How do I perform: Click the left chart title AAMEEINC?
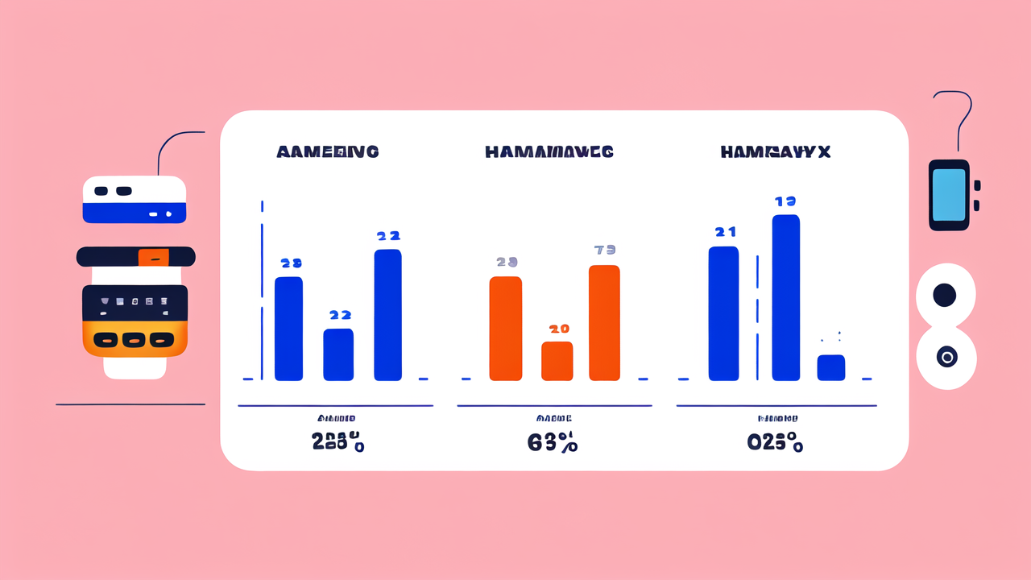click(x=327, y=151)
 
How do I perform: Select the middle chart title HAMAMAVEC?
click(x=549, y=151)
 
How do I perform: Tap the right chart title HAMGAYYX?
click(x=776, y=151)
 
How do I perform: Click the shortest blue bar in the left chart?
click(x=338, y=354)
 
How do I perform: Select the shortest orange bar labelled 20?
click(x=557, y=361)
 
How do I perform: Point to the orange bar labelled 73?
click(x=604, y=322)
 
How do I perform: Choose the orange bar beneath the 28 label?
click(x=506, y=328)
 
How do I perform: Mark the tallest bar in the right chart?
click(x=785, y=297)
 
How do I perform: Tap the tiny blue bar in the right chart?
click(x=830, y=367)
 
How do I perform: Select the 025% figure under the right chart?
click(x=774, y=442)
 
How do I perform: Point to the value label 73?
click(x=604, y=250)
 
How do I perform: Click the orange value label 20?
click(x=558, y=329)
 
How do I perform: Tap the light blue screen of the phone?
click(x=949, y=195)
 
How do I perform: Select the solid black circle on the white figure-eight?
click(x=944, y=296)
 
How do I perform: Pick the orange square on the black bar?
click(x=153, y=257)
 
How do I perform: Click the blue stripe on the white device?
click(x=135, y=213)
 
